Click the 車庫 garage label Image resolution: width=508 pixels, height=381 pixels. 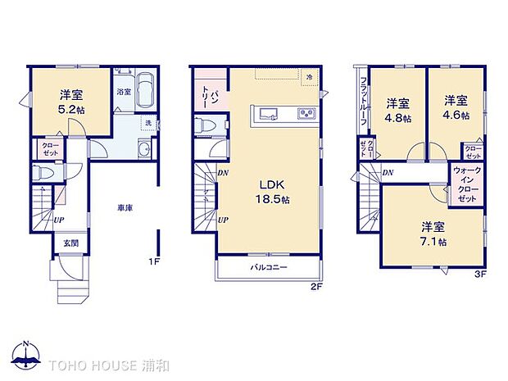(x=125, y=208)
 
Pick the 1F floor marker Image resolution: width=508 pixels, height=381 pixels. (x=154, y=261)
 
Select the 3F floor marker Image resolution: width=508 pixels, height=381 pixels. (x=480, y=274)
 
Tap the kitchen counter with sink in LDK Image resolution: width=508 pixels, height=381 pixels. (x=285, y=114)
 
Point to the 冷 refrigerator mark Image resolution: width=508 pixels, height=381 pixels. (x=310, y=77)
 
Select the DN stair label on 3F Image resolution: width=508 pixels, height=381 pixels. (x=388, y=173)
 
